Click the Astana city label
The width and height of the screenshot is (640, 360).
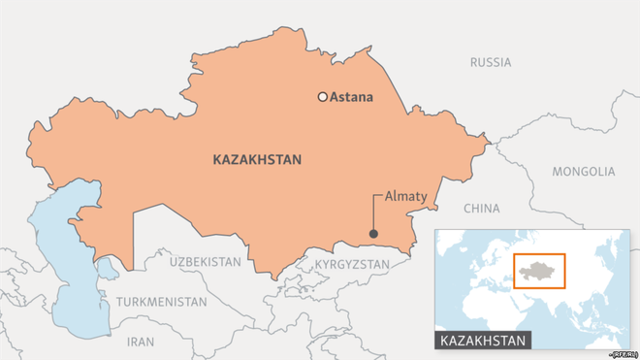tap(351, 97)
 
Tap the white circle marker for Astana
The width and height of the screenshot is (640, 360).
tap(322, 97)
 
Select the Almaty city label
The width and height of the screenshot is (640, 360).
tap(405, 196)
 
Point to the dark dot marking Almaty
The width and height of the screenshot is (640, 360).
tap(373, 233)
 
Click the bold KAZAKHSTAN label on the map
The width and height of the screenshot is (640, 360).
tap(256, 160)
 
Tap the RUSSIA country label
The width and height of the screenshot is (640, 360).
tap(490, 62)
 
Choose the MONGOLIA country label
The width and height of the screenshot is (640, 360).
tap(583, 172)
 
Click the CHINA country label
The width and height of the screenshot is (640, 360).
tap(481, 208)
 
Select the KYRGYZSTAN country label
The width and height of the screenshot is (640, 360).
tap(353, 265)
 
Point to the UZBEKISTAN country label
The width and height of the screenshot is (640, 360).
tap(205, 262)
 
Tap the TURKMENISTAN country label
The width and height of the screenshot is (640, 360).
tap(162, 302)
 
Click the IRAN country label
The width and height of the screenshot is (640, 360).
tap(141, 342)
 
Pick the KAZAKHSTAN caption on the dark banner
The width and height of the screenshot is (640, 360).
tap(483, 341)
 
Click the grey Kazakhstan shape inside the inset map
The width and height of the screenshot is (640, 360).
tap(537, 269)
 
